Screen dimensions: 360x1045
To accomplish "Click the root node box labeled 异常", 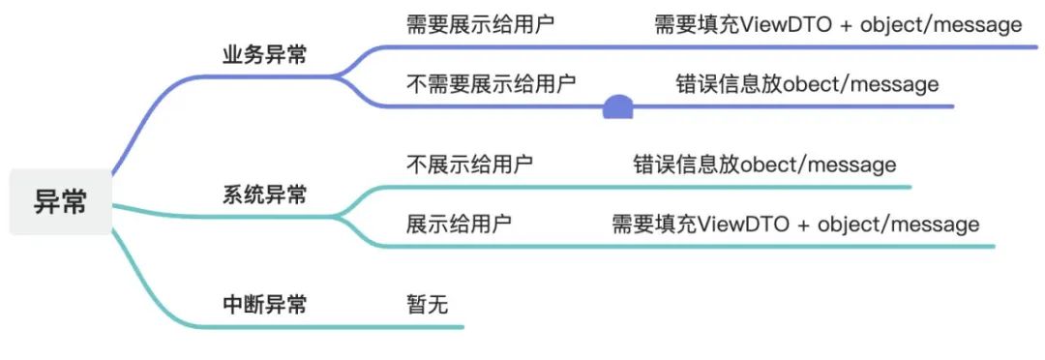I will pos(61,201).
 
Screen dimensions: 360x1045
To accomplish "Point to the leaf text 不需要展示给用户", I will pos(491,84).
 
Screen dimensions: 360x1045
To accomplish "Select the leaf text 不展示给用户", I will pos(469,165).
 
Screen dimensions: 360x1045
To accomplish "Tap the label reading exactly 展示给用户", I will pos(459,225).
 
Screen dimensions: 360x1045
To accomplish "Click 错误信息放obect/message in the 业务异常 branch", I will pos(807,84).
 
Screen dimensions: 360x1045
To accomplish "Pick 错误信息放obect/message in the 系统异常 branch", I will pos(764,165).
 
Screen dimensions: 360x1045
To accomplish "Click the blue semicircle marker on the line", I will pos(617,107).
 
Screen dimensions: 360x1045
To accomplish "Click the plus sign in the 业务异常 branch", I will pos(845,25).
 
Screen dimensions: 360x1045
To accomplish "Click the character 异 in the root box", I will pos(46,201).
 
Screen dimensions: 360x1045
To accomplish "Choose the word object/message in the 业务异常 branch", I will pos(940,25).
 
